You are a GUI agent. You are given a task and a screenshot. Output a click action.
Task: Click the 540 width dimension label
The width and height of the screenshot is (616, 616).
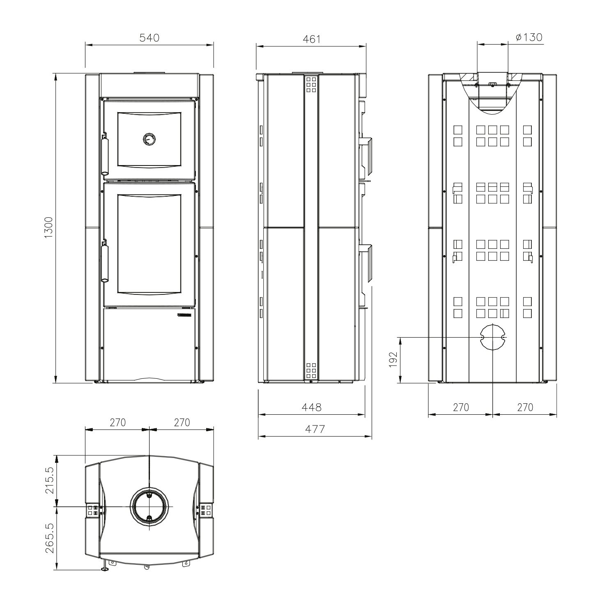click(149, 38)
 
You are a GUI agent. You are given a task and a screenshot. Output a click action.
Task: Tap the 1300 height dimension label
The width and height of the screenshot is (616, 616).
click(49, 228)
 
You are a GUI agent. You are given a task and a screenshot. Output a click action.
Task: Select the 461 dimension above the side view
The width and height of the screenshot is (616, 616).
click(311, 39)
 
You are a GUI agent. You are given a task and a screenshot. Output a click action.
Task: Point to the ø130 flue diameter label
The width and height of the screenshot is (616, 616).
click(529, 37)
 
